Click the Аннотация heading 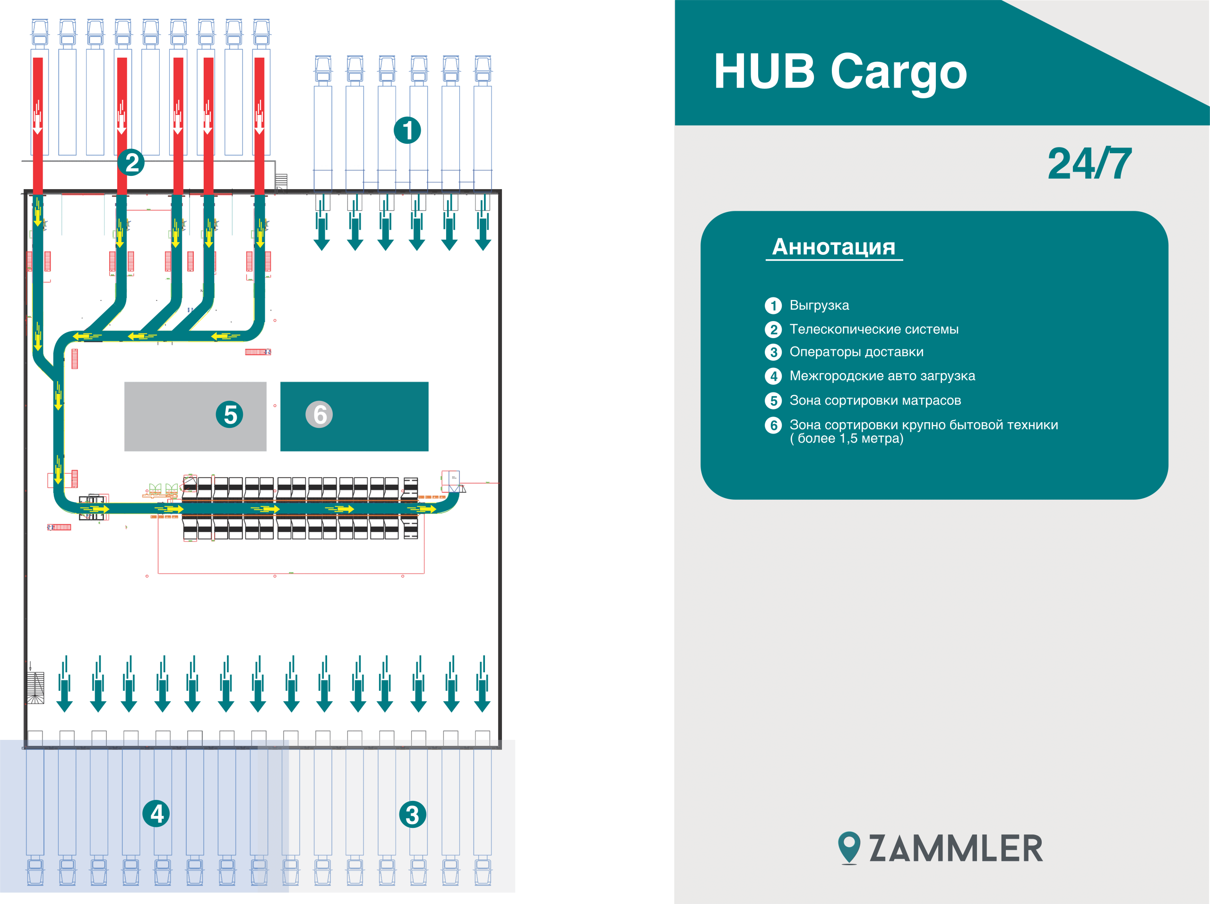(x=833, y=247)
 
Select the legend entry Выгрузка (x=819, y=305)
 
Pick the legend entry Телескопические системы (x=873, y=330)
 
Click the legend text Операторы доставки (x=856, y=352)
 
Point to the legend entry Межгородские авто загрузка (x=882, y=376)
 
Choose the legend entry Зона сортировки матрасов (x=875, y=400)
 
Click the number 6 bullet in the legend (x=773, y=425)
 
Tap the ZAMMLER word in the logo (x=956, y=849)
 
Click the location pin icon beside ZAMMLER (x=849, y=848)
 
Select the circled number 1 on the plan (x=407, y=130)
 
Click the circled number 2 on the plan (x=131, y=163)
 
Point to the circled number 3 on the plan (x=413, y=814)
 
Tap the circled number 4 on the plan (x=156, y=814)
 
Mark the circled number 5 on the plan (x=230, y=414)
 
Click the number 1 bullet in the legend (x=773, y=305)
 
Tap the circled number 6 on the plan (x=320, y=414)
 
